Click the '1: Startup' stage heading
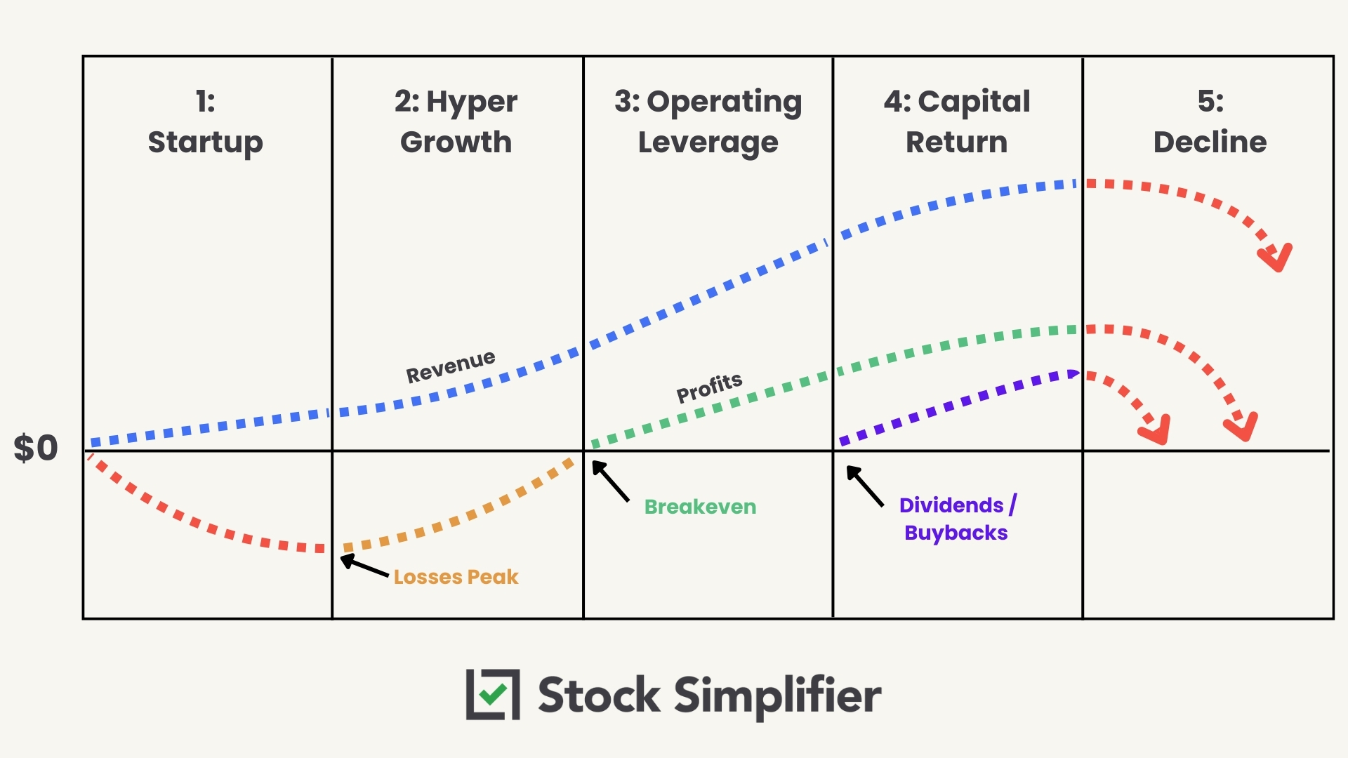205,122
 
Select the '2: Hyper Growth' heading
456,122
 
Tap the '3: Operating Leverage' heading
708,122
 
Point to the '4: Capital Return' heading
957,122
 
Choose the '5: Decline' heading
1210,122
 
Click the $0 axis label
36,448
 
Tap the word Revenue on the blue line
451,366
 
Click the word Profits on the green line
709,387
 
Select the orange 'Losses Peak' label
456,577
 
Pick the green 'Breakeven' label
700,507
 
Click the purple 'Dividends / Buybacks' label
957,519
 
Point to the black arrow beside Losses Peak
363,566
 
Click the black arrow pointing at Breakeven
609,480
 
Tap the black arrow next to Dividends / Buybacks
864,486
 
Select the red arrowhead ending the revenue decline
1276,258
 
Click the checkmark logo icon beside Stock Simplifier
493,695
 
